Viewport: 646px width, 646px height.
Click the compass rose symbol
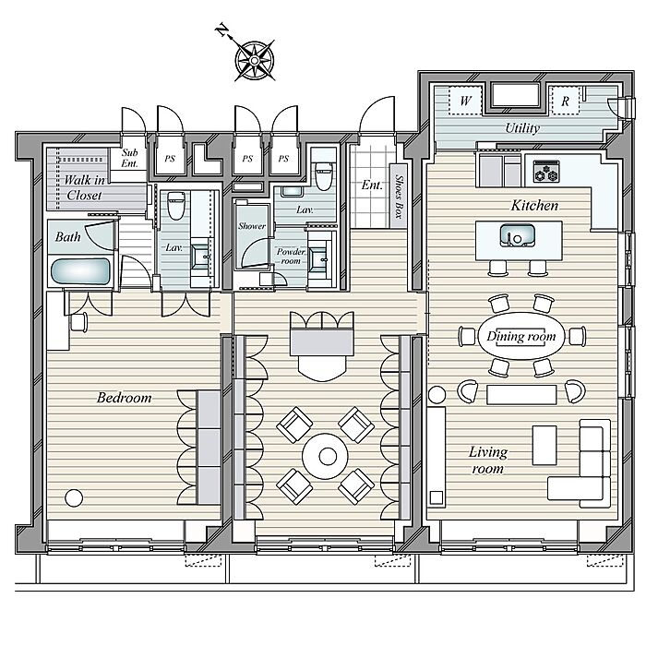[255, 61]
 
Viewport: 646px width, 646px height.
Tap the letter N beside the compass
[222, 30]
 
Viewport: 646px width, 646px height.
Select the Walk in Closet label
[84, 187]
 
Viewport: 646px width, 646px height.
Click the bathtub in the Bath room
[81, 271]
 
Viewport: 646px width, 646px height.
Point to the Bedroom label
[124, 398]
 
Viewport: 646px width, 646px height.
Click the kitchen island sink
[518, 235]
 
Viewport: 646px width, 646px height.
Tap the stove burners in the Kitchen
[546, 172]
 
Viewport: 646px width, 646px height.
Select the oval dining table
[521, 336]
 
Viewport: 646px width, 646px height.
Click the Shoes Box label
[399, 197]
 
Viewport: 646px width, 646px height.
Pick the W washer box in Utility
[465, 101]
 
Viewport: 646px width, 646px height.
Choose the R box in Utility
[565, 101]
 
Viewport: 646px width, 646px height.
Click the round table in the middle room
[326, 456]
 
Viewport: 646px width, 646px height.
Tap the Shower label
[252, 226]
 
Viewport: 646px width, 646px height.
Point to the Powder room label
[291, 256]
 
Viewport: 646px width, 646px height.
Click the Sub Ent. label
[129, 158]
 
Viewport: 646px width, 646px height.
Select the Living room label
[488, 461]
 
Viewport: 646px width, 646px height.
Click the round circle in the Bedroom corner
[74, 497]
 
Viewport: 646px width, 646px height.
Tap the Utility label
[522, 128]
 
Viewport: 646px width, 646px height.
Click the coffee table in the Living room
[544, 445]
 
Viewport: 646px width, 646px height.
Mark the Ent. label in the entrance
[372, 185]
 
